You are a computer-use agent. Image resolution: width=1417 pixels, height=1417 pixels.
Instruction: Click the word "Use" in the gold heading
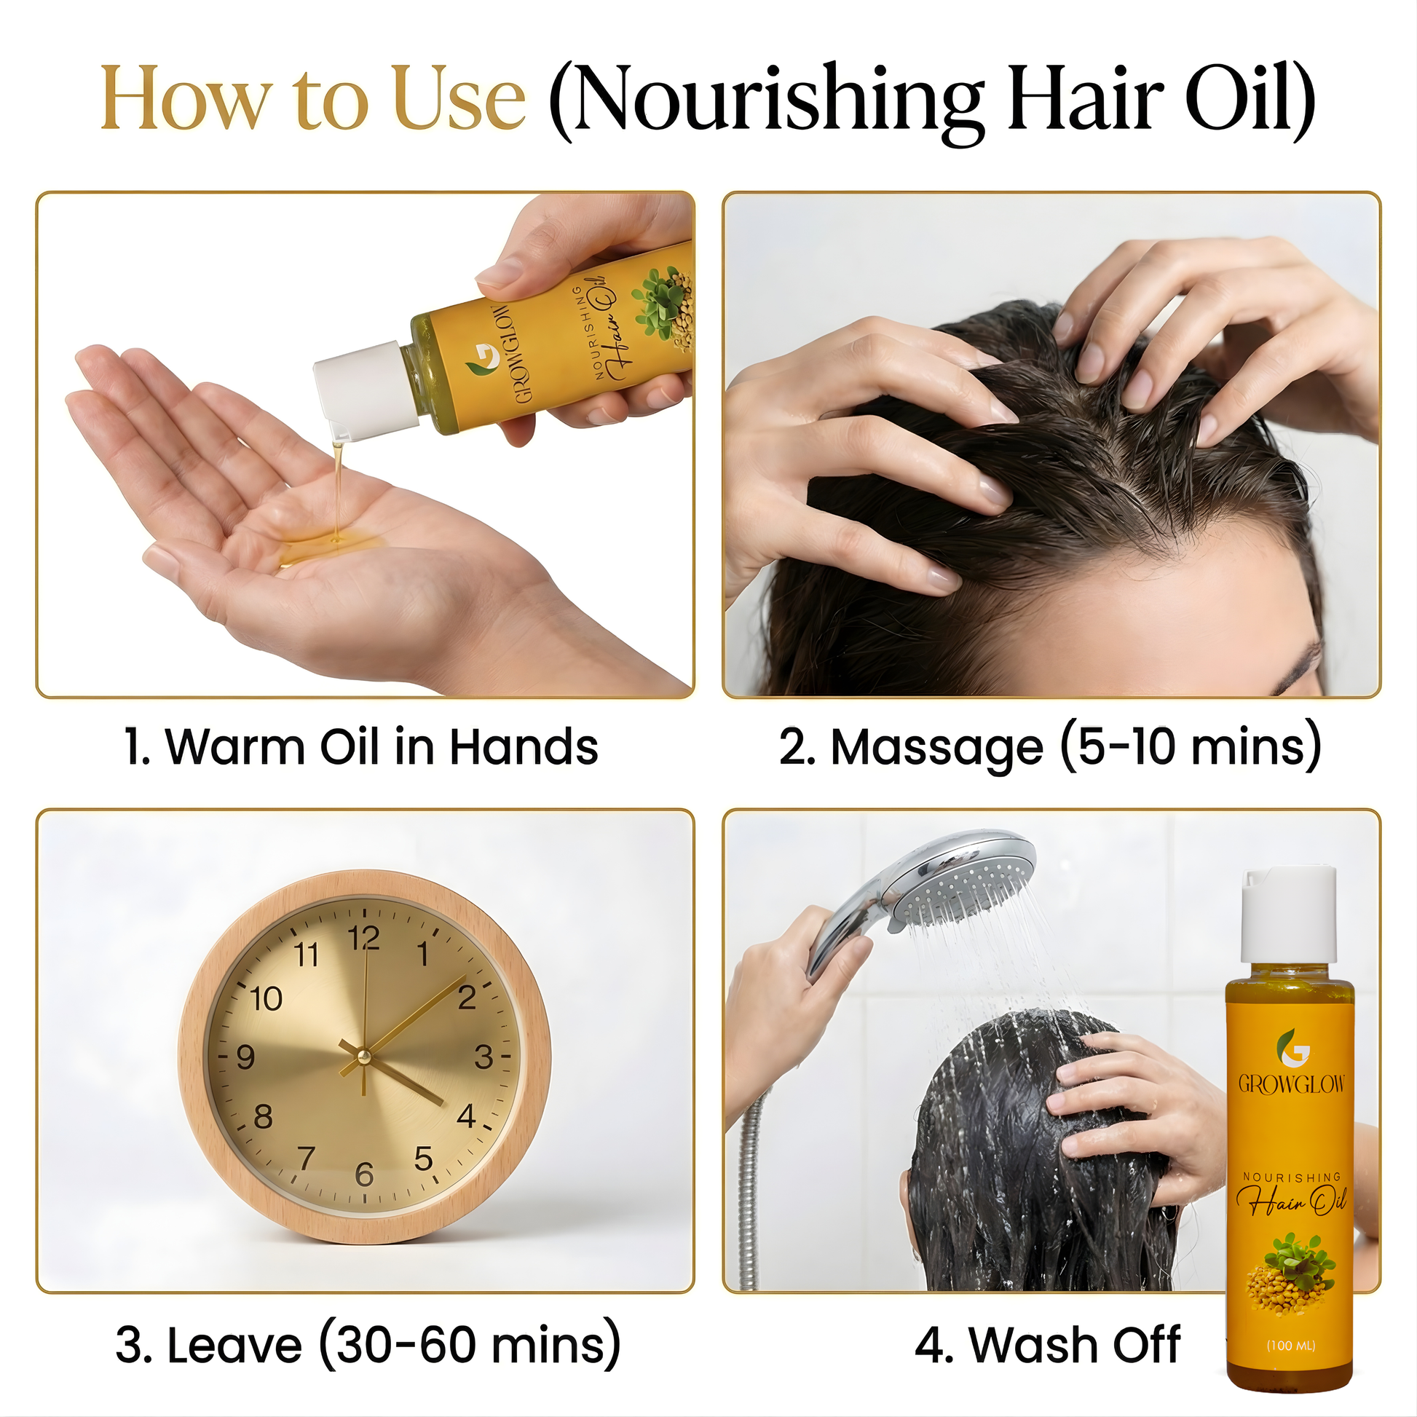point(459,99)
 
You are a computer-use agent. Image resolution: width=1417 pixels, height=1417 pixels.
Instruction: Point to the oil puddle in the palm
point(330,546)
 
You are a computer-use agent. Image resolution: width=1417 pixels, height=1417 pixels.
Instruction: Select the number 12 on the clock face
point(364,938)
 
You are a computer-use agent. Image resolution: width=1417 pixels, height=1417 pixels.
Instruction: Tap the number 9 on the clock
point(245,1057)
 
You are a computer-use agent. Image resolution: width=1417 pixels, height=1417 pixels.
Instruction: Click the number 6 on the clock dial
point(364,1175)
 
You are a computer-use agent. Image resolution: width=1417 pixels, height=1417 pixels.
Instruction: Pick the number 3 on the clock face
point(483,1057)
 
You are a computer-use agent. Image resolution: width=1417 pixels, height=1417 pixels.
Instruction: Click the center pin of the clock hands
point(363,1057)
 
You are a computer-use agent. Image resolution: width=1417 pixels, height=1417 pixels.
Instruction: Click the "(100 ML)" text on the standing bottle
point(1291,1345)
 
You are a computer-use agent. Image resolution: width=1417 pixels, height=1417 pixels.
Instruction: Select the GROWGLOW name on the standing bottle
point(1292,1084)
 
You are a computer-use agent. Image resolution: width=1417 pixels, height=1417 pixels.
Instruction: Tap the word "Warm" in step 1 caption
point(235,747)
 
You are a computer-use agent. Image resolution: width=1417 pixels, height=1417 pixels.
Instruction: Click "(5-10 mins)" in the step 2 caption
point(1191,747)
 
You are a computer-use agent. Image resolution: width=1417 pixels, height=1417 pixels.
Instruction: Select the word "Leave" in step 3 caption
point(234,1346)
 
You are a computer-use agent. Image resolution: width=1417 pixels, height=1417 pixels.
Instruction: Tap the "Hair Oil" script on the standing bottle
point(1292,1199)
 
